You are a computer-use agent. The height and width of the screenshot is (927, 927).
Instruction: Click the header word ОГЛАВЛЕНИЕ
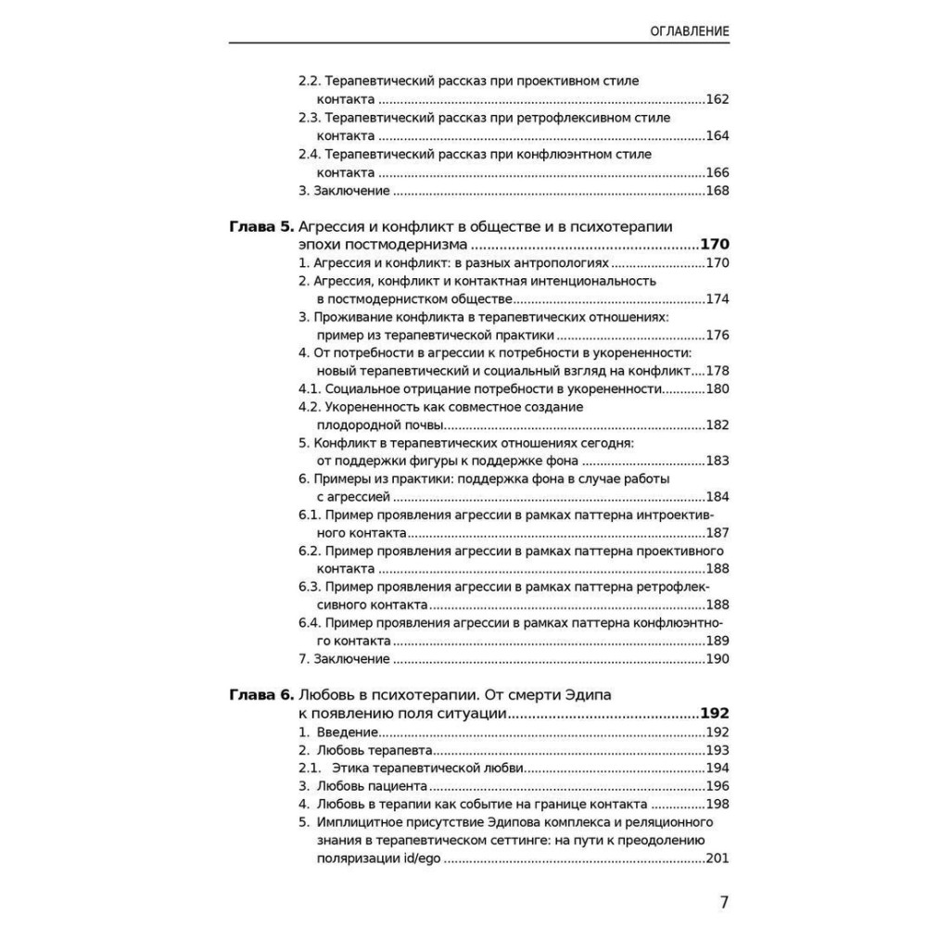(x=677, y=32)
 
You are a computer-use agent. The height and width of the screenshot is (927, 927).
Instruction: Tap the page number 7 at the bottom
(x=724, y=903)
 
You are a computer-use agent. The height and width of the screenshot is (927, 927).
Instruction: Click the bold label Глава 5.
(x=260, y=226)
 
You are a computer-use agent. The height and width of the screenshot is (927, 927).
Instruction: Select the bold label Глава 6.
(x=260, y=694)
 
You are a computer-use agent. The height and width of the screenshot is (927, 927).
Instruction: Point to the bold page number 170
(x=715, y=245)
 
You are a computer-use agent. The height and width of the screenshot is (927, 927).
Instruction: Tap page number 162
(x=717, y=99)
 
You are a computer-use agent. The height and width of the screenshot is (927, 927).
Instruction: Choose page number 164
(x=717, y=136)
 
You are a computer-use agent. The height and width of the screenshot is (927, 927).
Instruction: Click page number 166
(x=717, y=172)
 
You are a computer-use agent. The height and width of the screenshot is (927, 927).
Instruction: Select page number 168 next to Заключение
(x=717, y=191)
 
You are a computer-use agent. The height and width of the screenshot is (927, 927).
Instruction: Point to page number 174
(x=717, y=298)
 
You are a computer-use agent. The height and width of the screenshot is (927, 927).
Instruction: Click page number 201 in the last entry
(x=717, y=858)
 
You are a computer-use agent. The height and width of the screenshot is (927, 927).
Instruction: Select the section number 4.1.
(x=309, y=388)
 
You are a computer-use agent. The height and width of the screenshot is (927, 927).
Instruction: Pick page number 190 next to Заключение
(x=717, y=659)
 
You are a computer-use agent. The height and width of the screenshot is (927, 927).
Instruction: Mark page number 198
(x=717, y=804)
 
